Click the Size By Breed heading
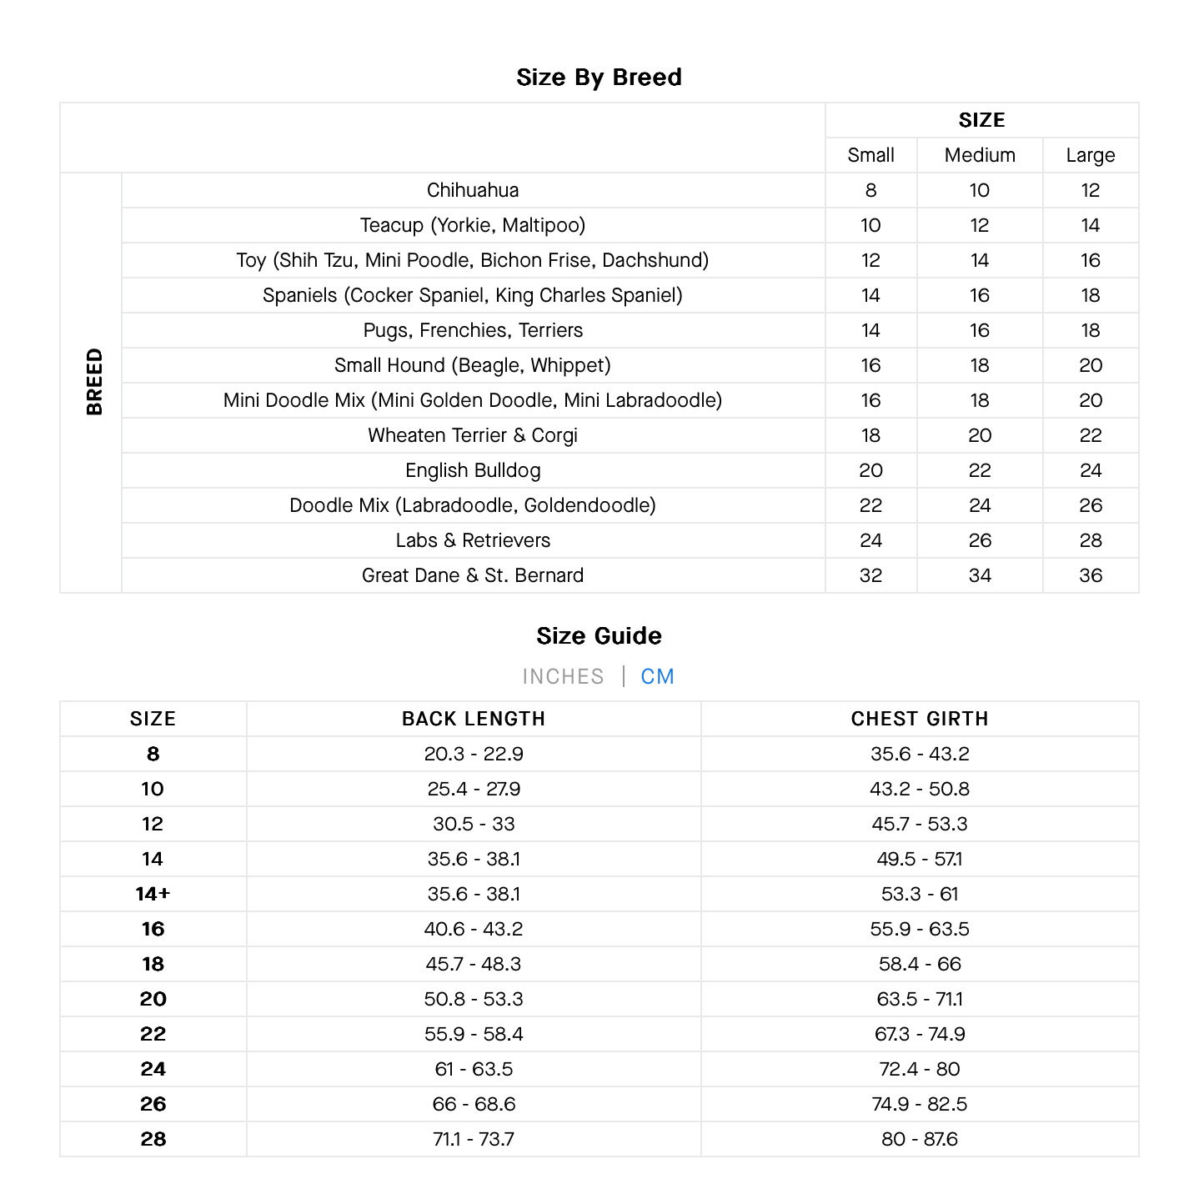pos(599,78)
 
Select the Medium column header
pos(980,155)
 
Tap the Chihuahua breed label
pos(473,190)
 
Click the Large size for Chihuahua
pos(1090,190)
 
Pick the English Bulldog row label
pos(473,470)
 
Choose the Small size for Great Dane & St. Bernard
pos(870,575)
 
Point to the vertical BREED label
pos(94,382)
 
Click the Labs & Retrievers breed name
pos(473,540)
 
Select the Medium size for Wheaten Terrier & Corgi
pos(980,435)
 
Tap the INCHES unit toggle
pos(563,676)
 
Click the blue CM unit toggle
pos(657,676)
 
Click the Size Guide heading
pos(599,636)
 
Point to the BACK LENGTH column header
pos(473,719)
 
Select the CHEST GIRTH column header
pos(919,719)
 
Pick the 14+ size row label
pos(153,894)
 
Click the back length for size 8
pos(473,754)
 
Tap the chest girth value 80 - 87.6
pos(919,1139)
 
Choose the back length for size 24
pos(473,1069)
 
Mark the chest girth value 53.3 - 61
pos(919,894)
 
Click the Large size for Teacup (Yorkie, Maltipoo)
pos(1090,225)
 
